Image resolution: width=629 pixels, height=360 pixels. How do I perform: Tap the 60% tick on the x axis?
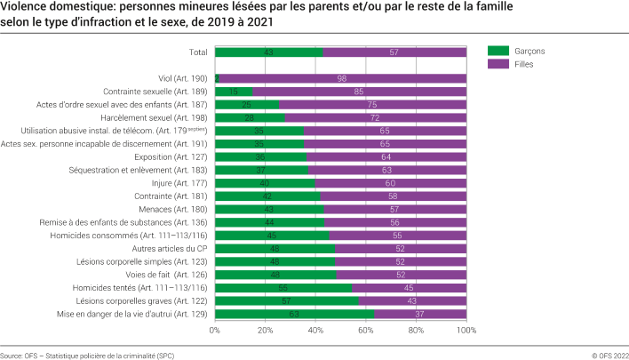[366, 330]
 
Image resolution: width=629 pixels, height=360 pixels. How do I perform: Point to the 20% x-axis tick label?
[265, 330]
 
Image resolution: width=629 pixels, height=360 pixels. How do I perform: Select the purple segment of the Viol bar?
[343, 78]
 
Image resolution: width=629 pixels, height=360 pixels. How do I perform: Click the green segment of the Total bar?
[268, 52]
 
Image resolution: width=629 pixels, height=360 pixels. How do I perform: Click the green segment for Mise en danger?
[294, 314]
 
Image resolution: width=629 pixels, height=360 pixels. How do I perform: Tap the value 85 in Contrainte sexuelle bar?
[358, 92]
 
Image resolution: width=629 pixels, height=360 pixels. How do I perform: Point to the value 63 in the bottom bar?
[294, 314]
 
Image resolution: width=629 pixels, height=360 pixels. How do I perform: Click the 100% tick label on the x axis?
[466, 330]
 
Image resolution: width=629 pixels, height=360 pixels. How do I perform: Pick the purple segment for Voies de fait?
[401, 275]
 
